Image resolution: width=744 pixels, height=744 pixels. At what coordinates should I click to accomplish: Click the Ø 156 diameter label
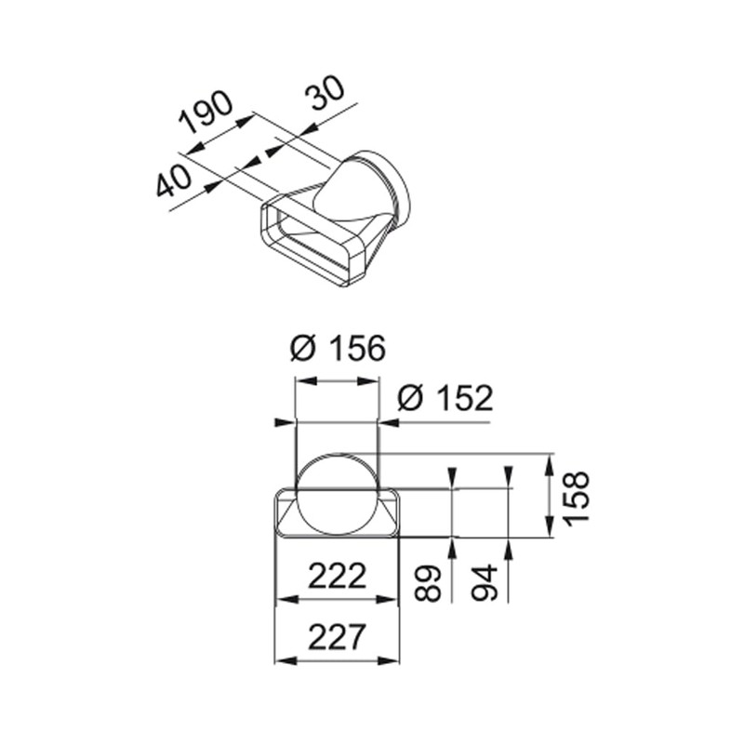point(337,349)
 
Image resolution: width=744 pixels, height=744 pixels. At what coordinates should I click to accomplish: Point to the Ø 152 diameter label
point(444,398)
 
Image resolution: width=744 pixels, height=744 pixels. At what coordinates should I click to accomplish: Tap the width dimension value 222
point(337,577)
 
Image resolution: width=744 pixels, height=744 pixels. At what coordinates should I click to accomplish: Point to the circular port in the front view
point(337,493)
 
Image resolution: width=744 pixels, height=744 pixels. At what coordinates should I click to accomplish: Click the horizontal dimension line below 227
point(337,660)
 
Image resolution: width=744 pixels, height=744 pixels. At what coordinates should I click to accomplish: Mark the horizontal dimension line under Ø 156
point(337,380)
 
